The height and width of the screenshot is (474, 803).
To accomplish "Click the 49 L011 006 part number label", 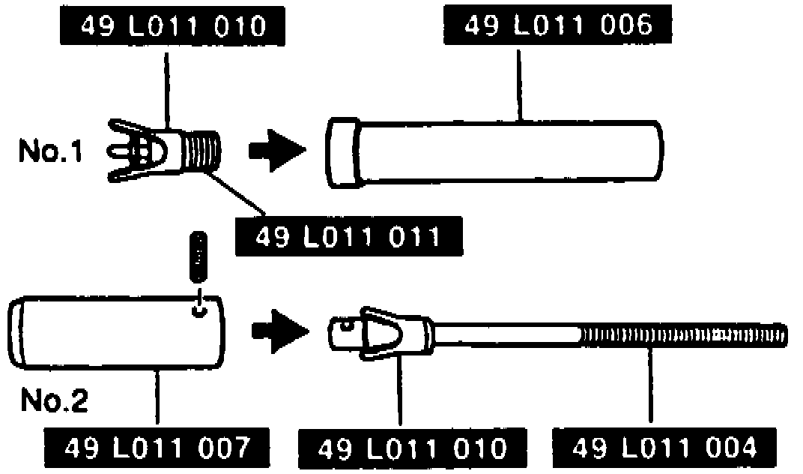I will (557, 27).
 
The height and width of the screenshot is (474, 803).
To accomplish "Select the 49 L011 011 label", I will (348, 236).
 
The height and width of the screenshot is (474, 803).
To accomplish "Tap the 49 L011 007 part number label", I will (156, 448).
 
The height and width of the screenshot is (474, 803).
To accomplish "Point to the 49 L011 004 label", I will (664, 448).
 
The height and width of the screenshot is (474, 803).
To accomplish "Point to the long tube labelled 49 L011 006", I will (509, 151).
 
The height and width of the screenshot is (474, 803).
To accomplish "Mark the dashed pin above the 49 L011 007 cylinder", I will (199, 257).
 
